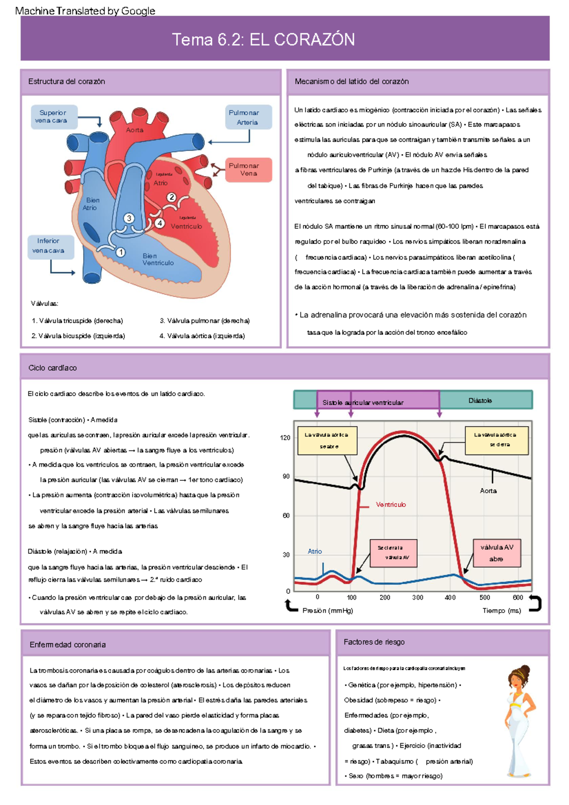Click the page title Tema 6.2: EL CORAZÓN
(x=263, y=39)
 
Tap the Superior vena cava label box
(x=54, y=117)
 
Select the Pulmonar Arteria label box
(x=248, y=117)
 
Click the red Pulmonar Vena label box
(x=248, y=170)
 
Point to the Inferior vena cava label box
(x=50, y=246)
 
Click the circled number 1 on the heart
(x=121, y=252)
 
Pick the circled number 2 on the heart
(x=172, y=197)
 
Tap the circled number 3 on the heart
(x=129, y=218)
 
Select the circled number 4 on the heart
(x=160, y=223)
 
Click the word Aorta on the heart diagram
(x=135, y=130)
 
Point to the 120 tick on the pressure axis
(x=285, y=438)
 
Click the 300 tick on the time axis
(x=417, y=598)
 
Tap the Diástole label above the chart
(x=480, y=401)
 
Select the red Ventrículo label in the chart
(x=391, y=504)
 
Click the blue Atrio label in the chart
(x=314, y=551)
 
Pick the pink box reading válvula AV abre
(x=496, y=553)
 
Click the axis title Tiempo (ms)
(x=502, y=611)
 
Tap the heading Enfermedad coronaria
(x=67, y=645)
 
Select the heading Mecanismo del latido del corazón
(x=351, y=82)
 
